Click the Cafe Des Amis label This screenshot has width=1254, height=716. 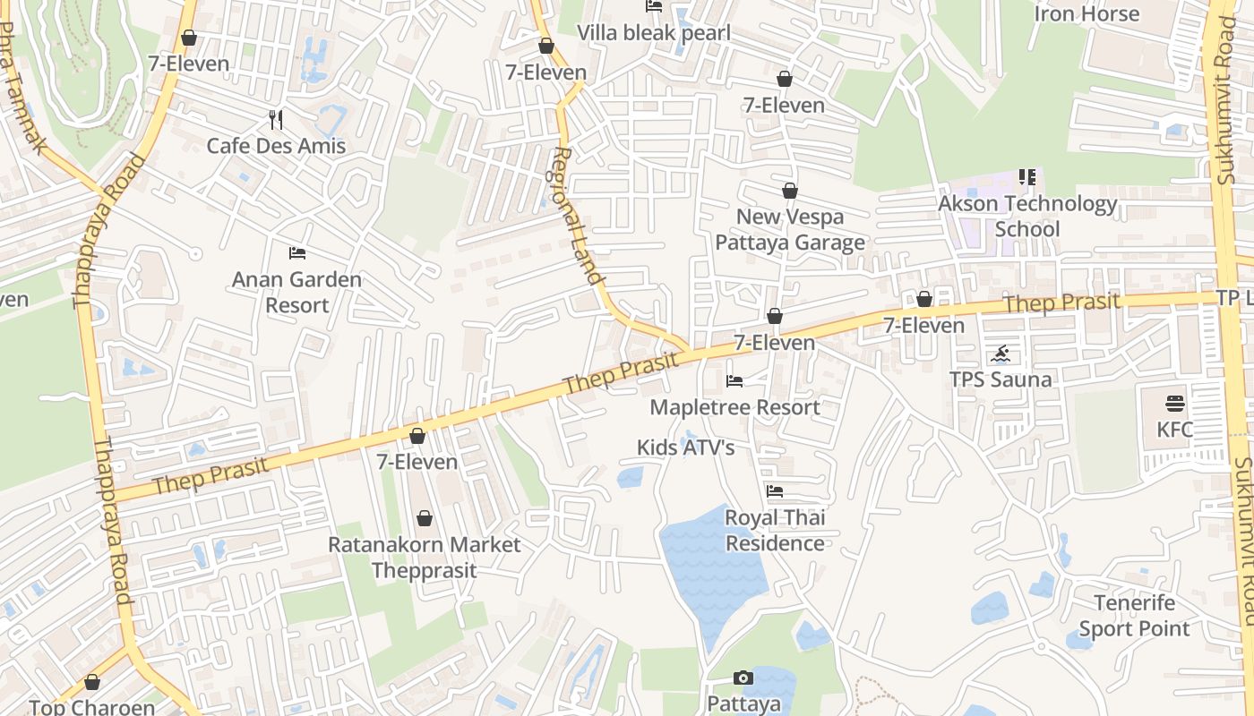point(276,146)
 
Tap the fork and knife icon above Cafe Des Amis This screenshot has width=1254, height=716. point(276,120)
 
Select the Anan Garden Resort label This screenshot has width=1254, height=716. point(296,293)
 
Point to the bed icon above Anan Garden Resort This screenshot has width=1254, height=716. point(297,253)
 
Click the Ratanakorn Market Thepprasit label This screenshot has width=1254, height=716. point(424,557)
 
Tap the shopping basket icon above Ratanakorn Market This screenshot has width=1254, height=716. point(425,518)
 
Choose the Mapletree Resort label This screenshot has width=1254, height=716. point(734,407)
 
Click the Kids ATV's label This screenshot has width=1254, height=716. point(685,447)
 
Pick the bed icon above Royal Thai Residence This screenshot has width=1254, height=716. point(775,490)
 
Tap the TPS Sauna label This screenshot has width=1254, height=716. point(1001,379)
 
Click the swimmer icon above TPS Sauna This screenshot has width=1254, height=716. point(1001,354)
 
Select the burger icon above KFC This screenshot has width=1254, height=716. point(1175,403)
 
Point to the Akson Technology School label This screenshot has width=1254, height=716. point(1027,217)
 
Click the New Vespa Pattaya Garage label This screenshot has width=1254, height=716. point(790,230)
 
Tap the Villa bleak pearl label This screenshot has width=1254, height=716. point(654,33)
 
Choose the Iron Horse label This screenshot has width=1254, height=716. point(1087,13)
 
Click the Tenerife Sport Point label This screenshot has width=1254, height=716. point(1134,616)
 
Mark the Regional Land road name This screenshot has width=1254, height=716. point(578,216)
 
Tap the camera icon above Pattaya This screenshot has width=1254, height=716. point(743,678)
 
